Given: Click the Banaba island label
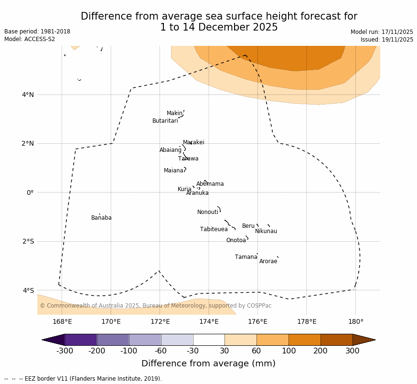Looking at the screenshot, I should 101,218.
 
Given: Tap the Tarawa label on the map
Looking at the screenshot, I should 188,159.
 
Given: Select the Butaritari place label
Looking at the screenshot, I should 165,121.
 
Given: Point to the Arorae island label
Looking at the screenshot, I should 268,262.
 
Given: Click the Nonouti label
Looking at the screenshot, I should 207,213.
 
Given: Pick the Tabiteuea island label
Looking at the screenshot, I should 214,230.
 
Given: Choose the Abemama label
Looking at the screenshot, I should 210,184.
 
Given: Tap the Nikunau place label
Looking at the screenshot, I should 266,232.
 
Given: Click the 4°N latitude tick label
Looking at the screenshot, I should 28,95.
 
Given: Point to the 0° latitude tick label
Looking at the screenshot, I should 30,192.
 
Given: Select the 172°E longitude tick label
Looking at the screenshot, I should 160,322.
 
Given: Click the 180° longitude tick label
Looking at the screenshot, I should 355,322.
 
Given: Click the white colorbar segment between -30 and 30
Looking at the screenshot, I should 209,340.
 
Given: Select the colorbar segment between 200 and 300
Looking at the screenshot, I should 336,340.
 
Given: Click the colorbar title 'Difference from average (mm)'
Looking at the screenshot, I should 208,364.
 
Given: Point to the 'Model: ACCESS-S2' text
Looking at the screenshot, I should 30,39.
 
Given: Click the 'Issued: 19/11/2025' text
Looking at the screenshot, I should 386,40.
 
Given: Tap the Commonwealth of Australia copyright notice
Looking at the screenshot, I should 155,306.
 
